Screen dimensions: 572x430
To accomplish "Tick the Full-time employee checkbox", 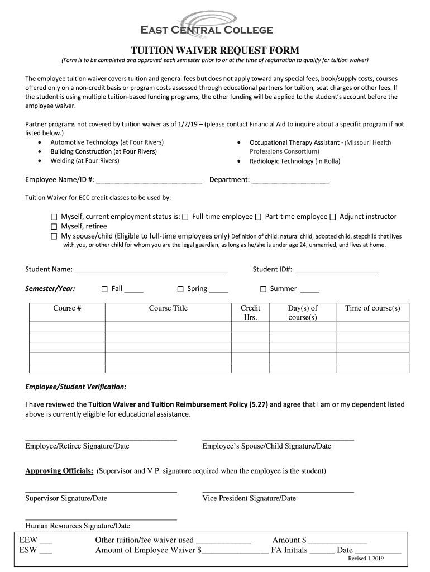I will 185,217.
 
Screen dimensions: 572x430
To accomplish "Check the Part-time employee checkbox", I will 259,217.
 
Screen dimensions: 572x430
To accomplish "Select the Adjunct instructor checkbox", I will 333,217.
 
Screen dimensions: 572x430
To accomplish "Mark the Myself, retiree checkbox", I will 54,227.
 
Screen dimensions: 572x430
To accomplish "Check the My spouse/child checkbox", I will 54,236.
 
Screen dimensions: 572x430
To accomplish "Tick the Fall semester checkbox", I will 104,289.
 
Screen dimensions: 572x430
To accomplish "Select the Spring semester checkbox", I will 180,289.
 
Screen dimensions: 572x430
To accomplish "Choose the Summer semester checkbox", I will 264,289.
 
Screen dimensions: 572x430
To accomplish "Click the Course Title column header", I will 168,308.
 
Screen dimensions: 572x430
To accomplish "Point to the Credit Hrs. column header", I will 250,313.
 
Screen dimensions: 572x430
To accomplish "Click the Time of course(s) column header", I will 372,308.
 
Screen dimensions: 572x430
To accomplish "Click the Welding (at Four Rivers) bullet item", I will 84,161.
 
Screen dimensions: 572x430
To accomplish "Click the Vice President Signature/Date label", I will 249,498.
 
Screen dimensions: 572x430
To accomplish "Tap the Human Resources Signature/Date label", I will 78,526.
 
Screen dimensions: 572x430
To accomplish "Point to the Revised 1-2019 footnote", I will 366,559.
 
